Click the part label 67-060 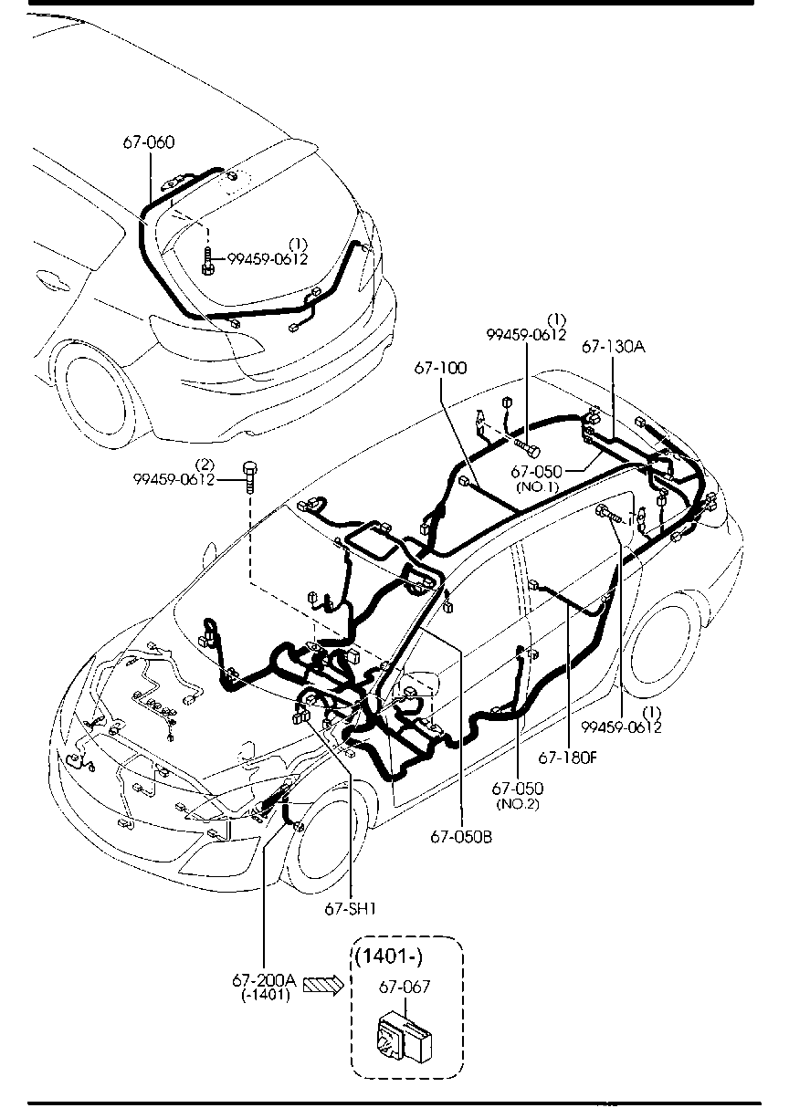(x=148, y=142)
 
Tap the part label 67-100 (x=440, y=368)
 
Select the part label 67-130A (x=612, y=348)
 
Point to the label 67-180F (x=567, y=757)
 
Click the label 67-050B (x=461, y=836)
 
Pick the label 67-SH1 (x=350, y=908)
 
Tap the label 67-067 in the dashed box (x=404, y=987)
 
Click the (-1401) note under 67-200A (x=266, y=995)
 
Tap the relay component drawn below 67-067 (x=405, y=1035)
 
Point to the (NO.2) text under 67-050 (x=518, y=803)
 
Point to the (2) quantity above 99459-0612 (x=205, y=465)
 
